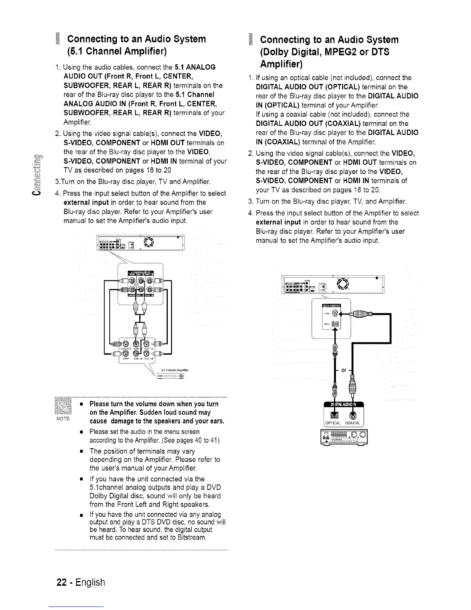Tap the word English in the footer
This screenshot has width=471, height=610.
[x=90, y=582]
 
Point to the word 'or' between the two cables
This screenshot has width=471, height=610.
[x=344, y=370]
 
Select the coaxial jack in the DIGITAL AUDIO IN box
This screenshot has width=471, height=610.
[x=352, y=416]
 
